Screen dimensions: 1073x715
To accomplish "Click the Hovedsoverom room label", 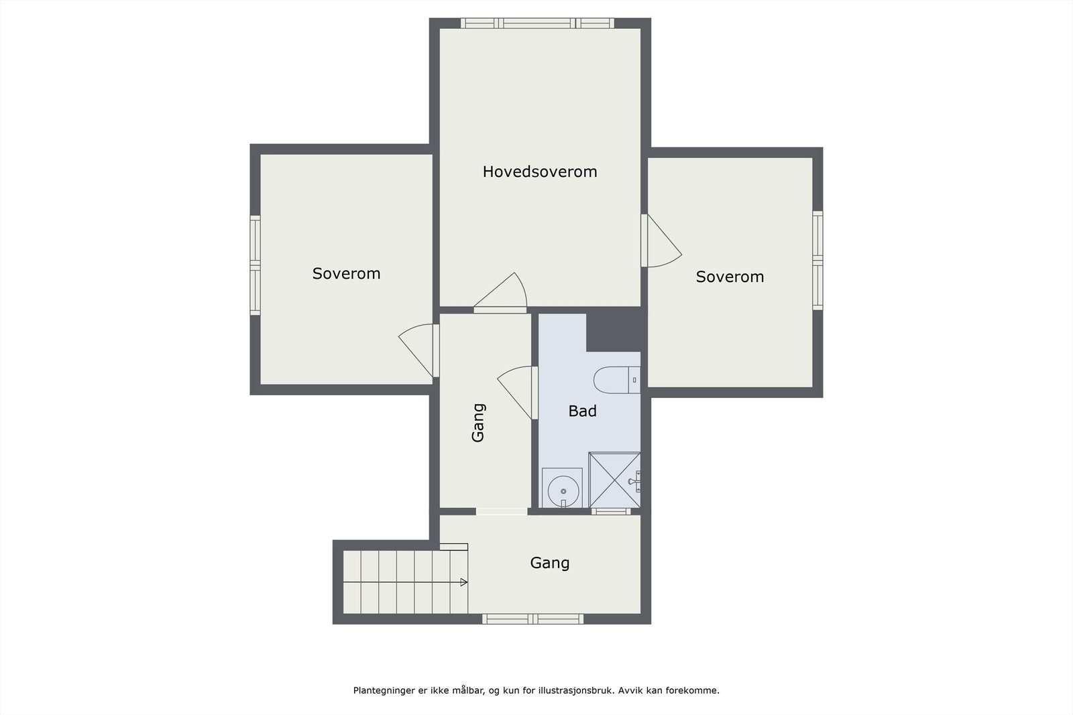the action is (540, 172).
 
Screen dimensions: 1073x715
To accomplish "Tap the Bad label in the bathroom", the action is (583, 411).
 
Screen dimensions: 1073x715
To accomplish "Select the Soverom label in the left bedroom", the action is (346, 274).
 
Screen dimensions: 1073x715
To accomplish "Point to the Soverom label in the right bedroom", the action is (730, 277).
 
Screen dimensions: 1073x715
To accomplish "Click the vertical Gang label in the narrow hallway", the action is (479, 423).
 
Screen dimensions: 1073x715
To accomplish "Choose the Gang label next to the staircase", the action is (550, 563).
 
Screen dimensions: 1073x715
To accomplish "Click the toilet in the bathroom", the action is (617, 380).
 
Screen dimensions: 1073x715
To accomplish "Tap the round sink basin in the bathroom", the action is (563, 491).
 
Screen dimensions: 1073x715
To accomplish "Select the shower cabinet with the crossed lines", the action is (614, 480).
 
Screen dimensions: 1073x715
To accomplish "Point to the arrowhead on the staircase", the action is (463, 582).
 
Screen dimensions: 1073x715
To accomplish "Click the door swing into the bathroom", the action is (518, 393).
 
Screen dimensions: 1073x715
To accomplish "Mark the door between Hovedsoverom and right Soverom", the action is (661, 241).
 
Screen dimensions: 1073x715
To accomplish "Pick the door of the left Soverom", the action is (418, 350).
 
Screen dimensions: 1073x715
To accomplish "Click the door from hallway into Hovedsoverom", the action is (500, 293).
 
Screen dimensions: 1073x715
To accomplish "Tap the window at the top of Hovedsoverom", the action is (537, 23).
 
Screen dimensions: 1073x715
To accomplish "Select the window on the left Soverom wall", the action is (256, 265).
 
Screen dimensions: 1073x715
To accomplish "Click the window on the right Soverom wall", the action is (817, 261).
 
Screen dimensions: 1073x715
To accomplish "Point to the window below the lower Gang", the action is (532, 619).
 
